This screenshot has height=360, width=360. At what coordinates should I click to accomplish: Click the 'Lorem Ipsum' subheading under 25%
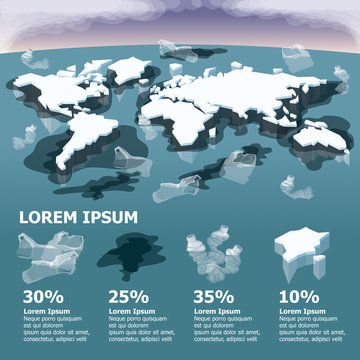129,311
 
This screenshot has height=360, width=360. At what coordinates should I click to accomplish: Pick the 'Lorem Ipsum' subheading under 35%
213,311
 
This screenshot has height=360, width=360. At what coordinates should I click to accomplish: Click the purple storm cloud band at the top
180,18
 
